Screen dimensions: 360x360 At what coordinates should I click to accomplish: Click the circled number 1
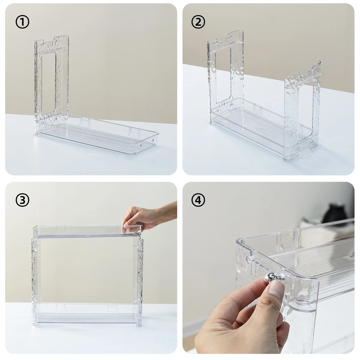click(x=22, y=22)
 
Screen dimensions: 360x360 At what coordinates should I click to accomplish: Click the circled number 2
click(x=198, y=22)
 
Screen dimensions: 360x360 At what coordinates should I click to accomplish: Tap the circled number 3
click(x=22, y=200)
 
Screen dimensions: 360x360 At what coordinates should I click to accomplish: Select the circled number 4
click(x=198, y=200)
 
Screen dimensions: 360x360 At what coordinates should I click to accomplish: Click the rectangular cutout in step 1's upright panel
click(x=49, y=83)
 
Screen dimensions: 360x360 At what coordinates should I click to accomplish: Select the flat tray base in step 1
click(x=97, y=134)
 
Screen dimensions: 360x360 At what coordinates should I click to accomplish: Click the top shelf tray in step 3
click(x=87, y=232)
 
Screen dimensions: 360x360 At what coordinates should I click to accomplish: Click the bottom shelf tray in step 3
click(x=87, y=315)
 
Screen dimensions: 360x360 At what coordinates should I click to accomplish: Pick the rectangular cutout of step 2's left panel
click(x=223, y=75)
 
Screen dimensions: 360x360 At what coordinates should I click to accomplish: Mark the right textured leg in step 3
click(x=140, y=282)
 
